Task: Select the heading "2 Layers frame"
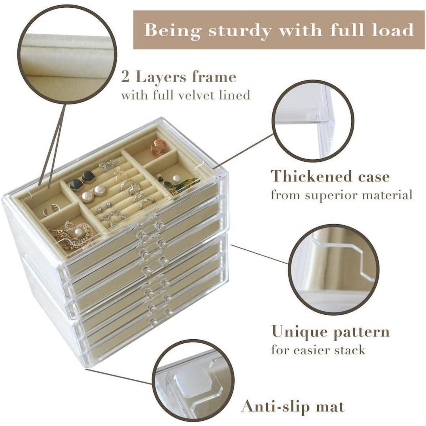point(179,77)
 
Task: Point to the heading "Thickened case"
point(330,177)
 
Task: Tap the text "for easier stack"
point(318,350)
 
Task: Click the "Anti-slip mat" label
point(293,406)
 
